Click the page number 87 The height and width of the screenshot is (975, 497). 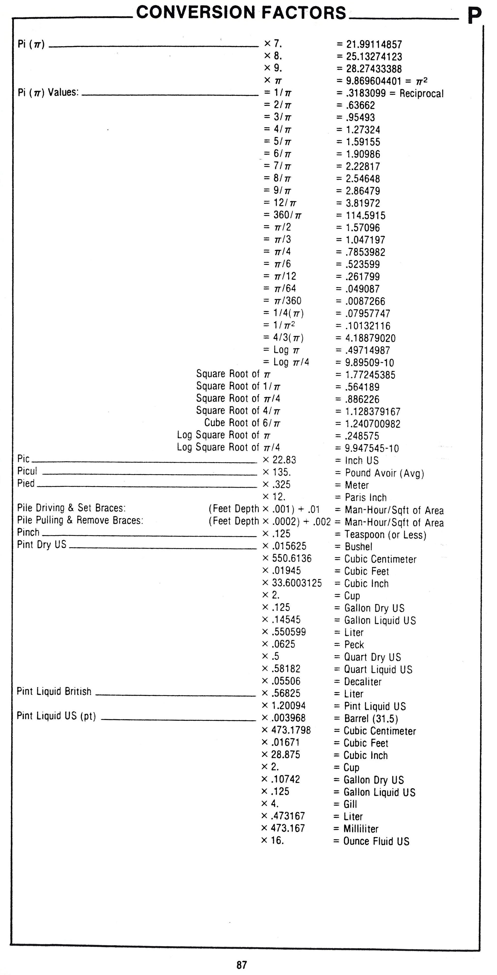pos(241,964)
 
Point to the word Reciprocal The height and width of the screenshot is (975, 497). pos(421,94)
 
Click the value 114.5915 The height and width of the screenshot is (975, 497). pos(365,215)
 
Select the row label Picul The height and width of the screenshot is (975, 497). pos(27,471)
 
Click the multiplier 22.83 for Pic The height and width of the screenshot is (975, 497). pos(284,460)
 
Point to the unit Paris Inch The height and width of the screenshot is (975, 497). pos(366,497)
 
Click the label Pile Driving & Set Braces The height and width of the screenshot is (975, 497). pos(71,508)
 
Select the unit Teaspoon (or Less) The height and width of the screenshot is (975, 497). pos(385,535)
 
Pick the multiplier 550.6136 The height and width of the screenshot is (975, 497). pos(291,558)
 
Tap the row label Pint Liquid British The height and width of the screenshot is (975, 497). pos(54,692)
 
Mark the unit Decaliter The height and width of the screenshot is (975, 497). pos(363,682)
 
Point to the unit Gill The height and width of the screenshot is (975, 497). pos(350,804)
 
